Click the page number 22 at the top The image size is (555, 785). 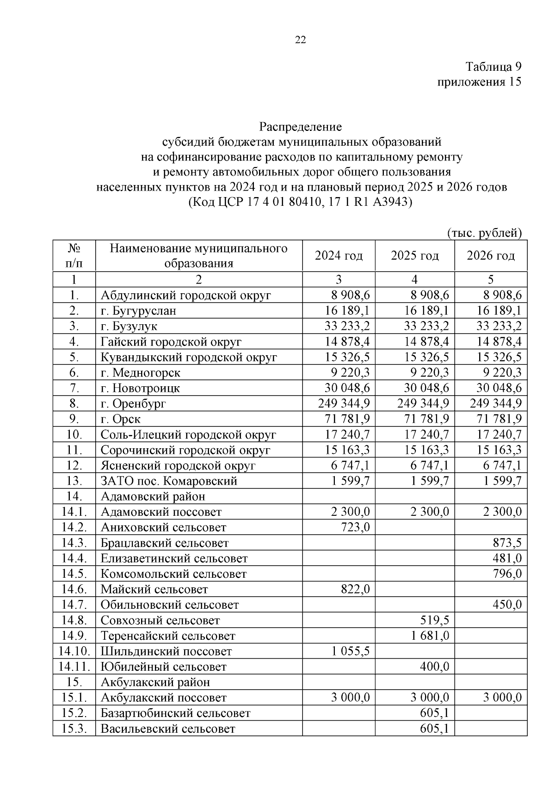(300, 40)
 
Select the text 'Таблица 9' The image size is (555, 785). (493, 67)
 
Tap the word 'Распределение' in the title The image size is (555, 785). (300, 126)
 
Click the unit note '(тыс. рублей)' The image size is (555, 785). (484, 233)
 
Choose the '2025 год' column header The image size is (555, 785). (414, 255)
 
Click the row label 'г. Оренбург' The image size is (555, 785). (133, 403)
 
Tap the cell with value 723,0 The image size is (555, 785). (355, 527)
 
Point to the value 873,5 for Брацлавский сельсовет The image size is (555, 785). (507, 543)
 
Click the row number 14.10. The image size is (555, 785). (74, 651)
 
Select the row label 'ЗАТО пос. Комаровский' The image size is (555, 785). (169, 481)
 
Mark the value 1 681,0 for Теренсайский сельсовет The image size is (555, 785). (430, 636)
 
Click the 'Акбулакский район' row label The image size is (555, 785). (155, 682)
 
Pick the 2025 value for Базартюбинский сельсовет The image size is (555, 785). (434, 713)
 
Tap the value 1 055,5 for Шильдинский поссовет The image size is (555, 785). (350, 651)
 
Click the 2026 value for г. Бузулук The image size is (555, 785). (499, 326)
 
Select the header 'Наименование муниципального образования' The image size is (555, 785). (198, 256)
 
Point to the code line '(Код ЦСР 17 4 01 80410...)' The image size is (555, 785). (300, 203)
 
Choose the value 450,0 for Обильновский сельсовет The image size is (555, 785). (507, 605)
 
